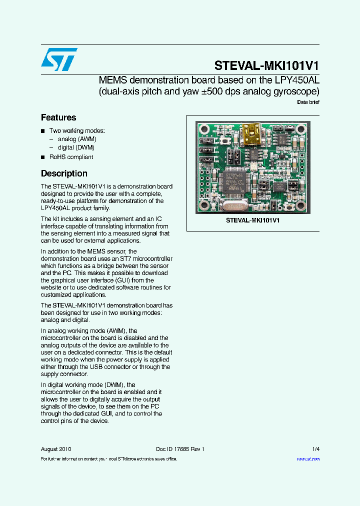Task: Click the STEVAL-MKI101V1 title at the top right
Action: click(x=266, y=66)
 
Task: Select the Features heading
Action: click(x=58, y=118)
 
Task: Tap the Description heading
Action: click(x=64, y=174)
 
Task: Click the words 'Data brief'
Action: click(x=308, y=102)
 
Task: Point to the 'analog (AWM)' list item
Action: click(x=77, y=139)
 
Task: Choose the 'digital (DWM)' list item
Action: click(x=76, y=148)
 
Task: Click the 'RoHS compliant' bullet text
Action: click(x=71, y=157)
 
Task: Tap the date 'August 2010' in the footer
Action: click(x=56, y=449)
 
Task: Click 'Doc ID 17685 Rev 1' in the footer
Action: click(x=177, y=449)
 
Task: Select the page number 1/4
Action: click(x=316, y=449)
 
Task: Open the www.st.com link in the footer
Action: click(x=308, y=459)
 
